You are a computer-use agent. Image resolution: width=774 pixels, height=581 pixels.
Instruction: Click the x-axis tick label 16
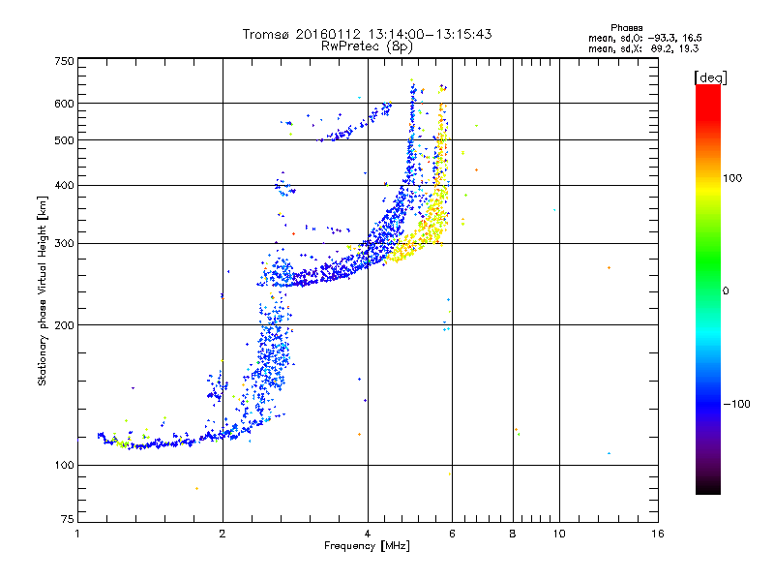(657, 534)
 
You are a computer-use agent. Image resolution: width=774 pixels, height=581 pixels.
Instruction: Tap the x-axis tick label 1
(77, 534)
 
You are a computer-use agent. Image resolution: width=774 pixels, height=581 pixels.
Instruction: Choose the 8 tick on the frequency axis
(512, 534)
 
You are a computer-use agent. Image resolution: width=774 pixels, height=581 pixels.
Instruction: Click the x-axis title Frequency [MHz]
(367, 546)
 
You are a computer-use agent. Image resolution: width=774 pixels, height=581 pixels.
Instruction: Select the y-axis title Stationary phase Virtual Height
(43, 290)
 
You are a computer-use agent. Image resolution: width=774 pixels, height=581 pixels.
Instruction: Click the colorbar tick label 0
(726, 290)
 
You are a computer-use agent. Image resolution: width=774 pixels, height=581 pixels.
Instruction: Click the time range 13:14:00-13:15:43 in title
(414, 34)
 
